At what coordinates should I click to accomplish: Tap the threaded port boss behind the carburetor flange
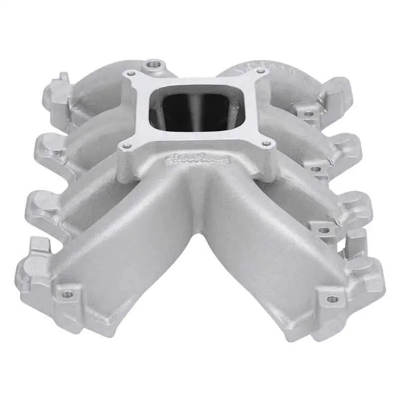click(151, 65)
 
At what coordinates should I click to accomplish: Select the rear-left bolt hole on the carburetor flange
click(132, 73)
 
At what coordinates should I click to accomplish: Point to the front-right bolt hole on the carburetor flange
click(269, 143)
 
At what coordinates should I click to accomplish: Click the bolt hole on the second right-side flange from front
click(323, 230)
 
